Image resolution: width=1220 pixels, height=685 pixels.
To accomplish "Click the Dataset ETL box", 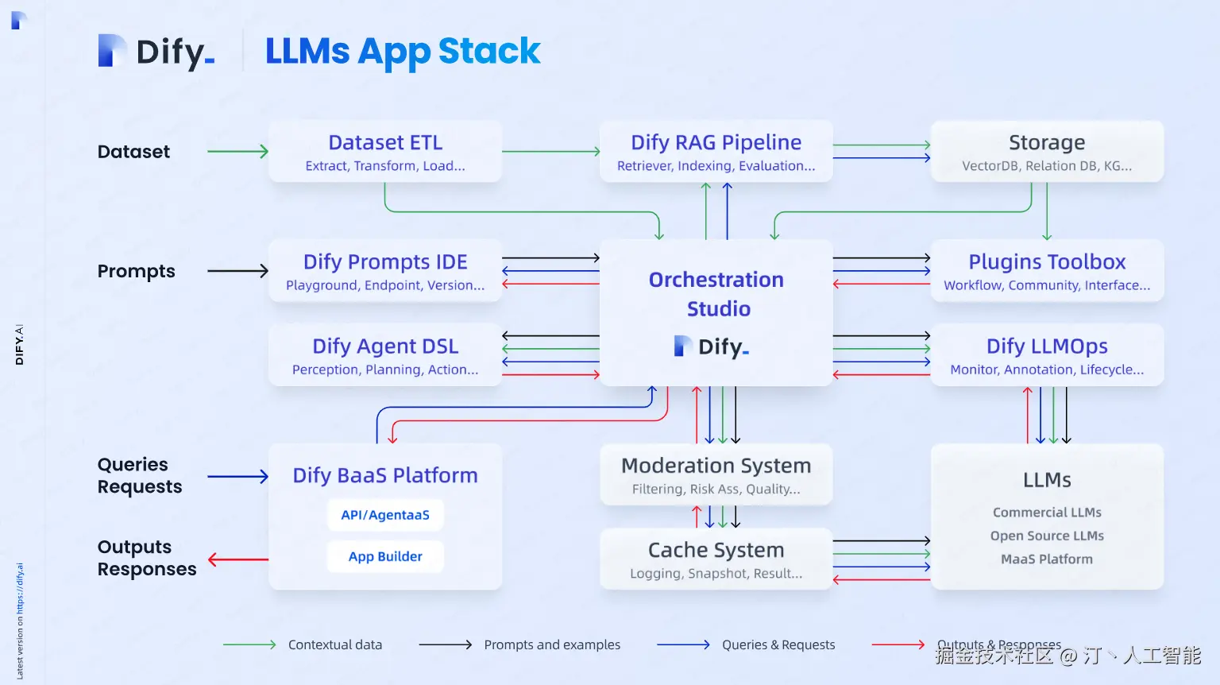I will [x=385, y=152].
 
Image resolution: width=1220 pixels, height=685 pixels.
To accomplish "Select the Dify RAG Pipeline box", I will [x=716, y=152].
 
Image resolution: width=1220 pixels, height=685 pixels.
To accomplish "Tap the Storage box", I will [x=1047, y=152].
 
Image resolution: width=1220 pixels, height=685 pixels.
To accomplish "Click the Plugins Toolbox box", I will [x=1047, y=271].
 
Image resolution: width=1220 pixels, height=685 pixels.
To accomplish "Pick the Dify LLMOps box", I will [x=1047, y=355].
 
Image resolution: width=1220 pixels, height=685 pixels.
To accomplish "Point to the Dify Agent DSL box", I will [x=385, y=355].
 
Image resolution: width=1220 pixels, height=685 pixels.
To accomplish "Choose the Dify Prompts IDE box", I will [x=385, y=271].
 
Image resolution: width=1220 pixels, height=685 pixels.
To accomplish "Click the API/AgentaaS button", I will [x=385, y=515].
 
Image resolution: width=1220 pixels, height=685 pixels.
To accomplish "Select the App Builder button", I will [x=385, y=556].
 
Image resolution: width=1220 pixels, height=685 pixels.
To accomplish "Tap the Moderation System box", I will [x=716, y=474].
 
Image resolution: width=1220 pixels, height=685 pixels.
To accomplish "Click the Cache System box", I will [x=716, y=559].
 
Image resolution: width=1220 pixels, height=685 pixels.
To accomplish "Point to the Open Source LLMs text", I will [x=1047, y=536].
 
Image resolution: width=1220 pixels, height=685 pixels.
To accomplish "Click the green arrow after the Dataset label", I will [x=237, y=151].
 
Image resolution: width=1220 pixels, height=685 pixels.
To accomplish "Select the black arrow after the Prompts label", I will [x=237, y=271].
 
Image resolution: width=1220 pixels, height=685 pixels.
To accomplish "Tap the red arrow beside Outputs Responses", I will [x=237, y=559].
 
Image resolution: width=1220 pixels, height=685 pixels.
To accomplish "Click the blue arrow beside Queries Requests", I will [x=237, y=477].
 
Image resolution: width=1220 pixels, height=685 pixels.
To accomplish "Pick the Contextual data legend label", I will [x=335, y=644].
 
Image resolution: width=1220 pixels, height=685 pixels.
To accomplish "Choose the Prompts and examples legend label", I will [x=552, y=644].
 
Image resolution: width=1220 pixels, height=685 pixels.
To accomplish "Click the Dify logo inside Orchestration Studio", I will [x=712, y=346].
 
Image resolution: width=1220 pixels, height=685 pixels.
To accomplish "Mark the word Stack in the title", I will [x=488, y=51].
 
